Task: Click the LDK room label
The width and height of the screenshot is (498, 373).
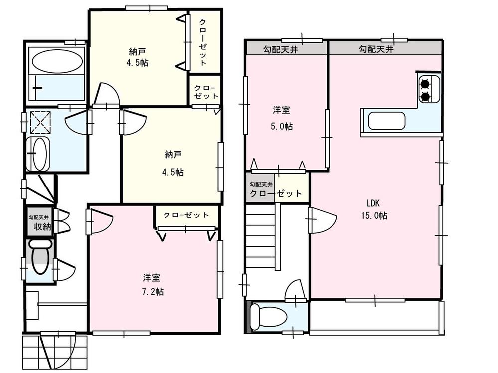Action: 374,203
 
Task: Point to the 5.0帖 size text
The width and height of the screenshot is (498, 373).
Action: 282,126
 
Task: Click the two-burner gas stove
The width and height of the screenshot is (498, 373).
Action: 426,90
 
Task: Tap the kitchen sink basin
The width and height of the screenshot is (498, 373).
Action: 386,121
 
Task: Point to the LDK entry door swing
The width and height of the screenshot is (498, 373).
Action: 322,220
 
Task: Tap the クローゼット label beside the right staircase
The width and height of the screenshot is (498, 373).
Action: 276,193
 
